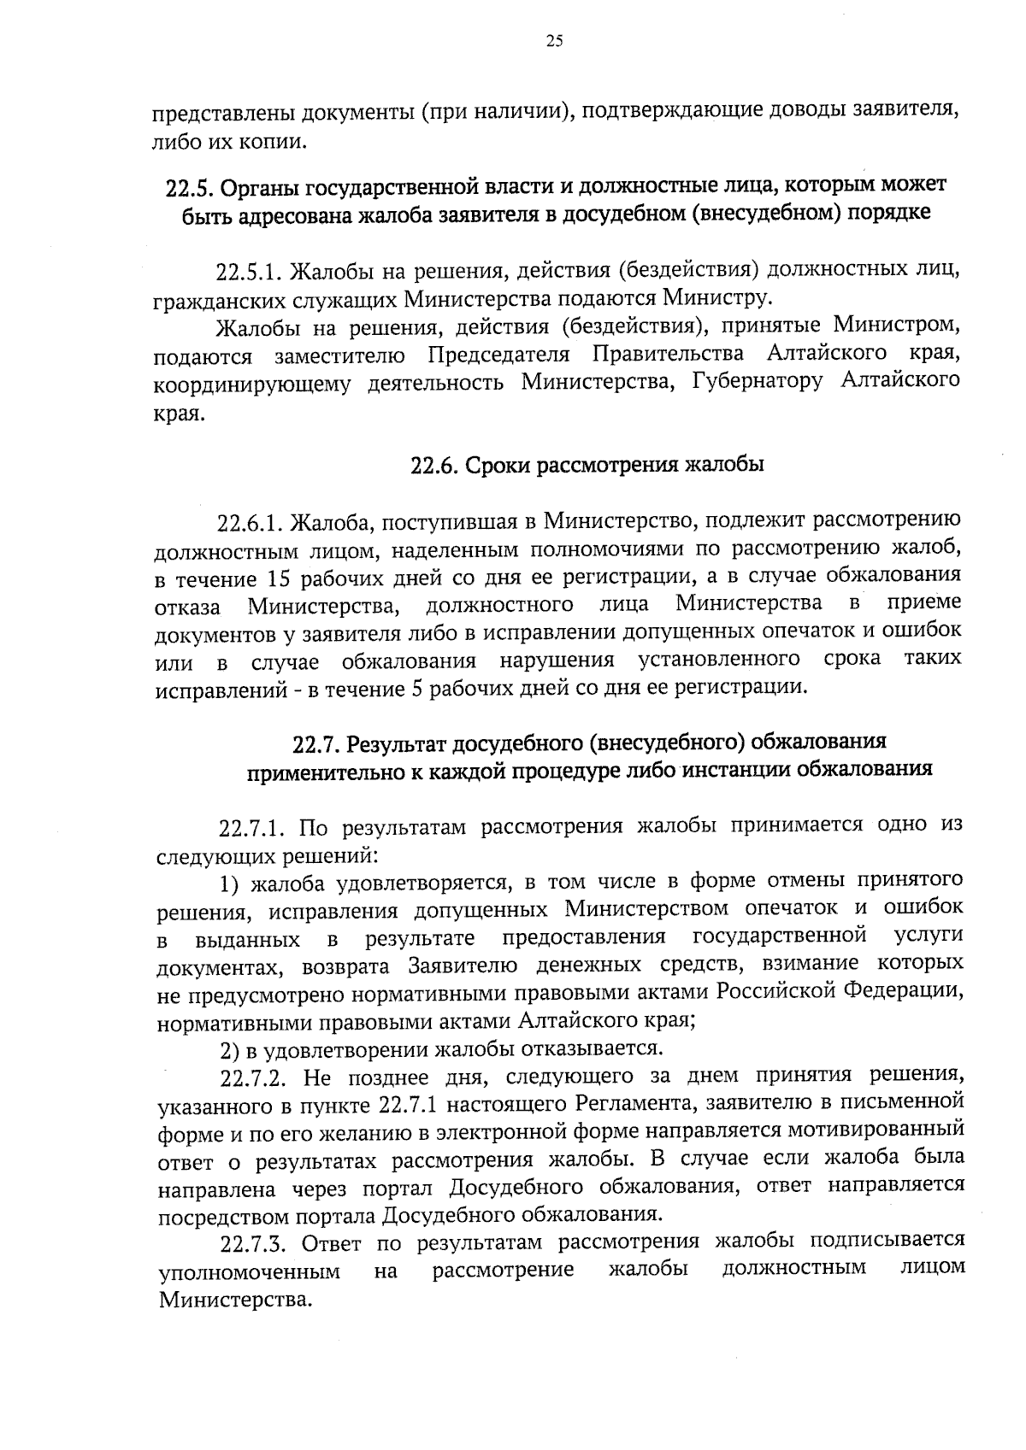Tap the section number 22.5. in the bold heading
click(189, 185)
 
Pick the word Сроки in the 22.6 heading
click(501, 466)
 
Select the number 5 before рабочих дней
click(417, 689)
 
